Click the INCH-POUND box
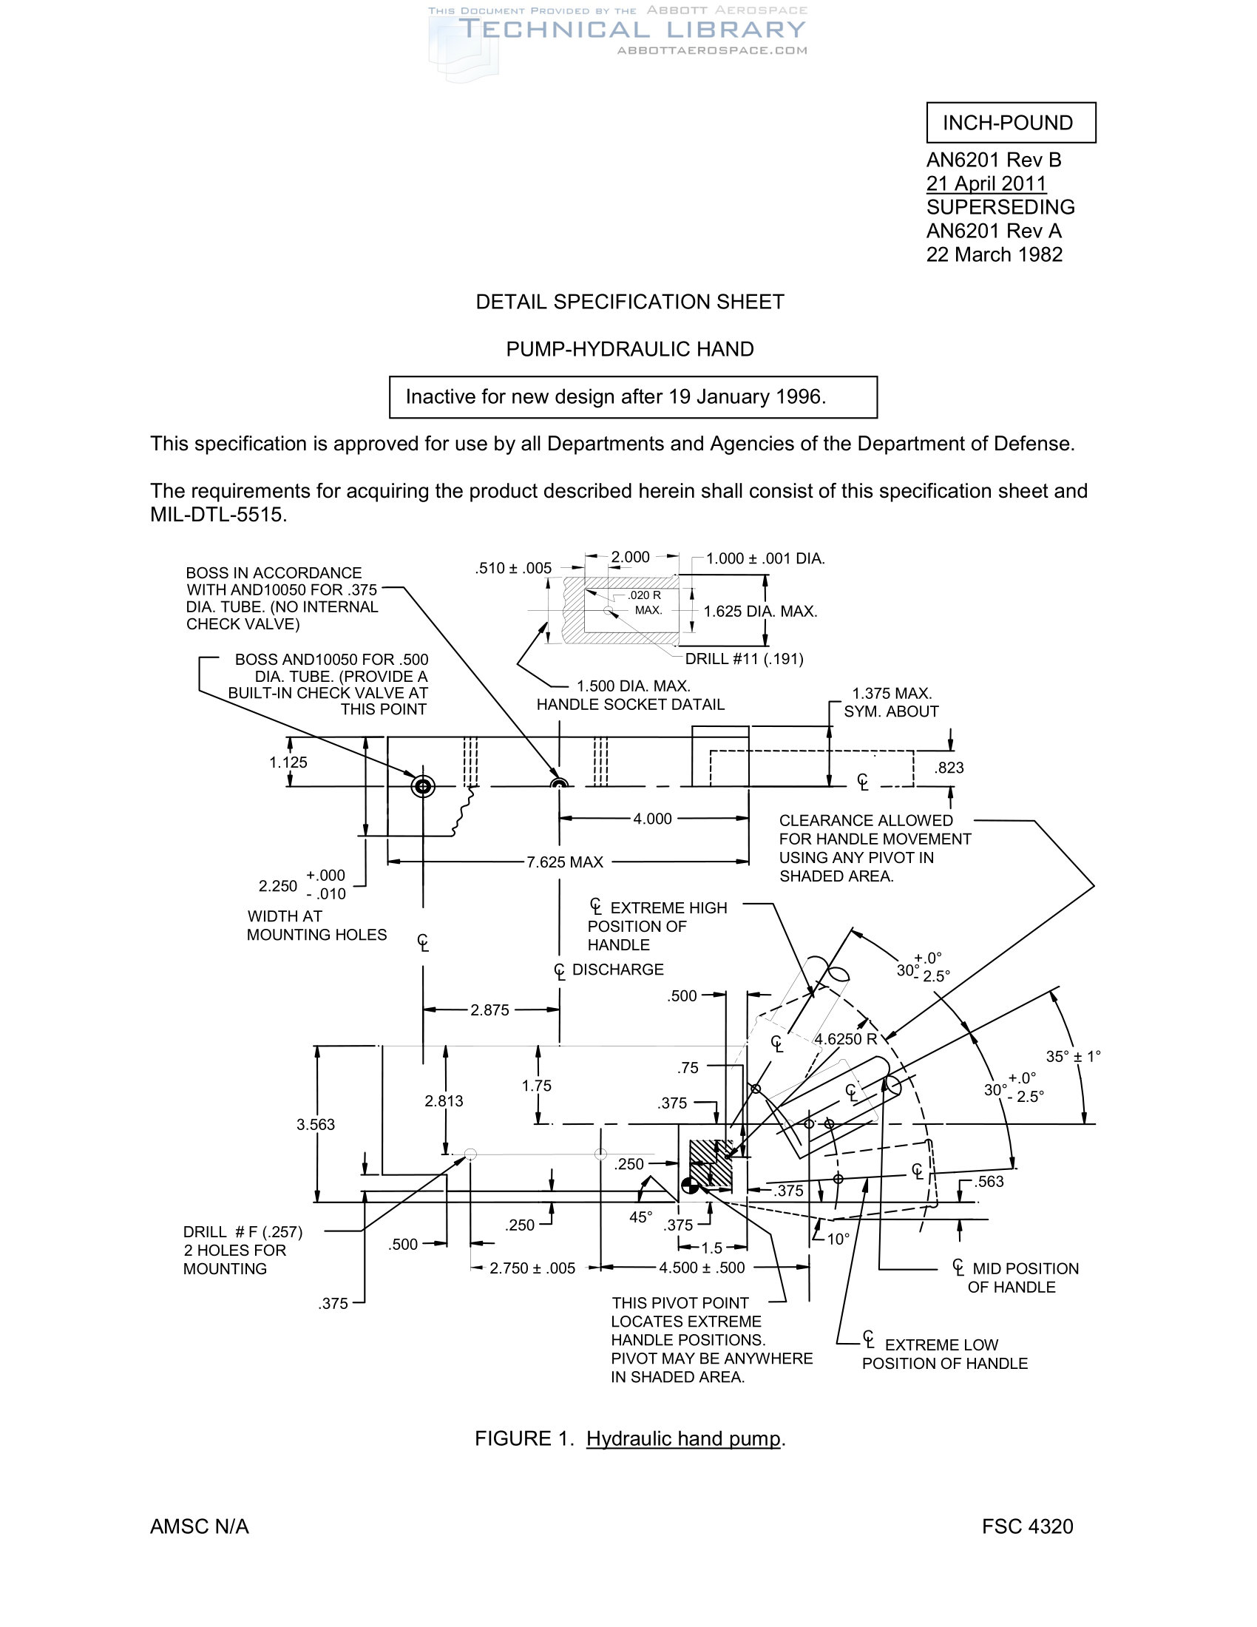tap(1011, 123)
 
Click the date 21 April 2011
tap(986, 183)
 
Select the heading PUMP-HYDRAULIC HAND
tap(629, 348)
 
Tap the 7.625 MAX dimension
tap(564, 862)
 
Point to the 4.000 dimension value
tap(652, 819)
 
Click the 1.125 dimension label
tap(288, 762)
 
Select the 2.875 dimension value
tap(489, 1010)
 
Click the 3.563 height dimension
tap(316, 1124)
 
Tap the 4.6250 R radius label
tap(845, 1039)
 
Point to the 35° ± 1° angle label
tap(1073, 1056)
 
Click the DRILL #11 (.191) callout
tap(744, 658)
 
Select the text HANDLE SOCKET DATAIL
tap(630, 705)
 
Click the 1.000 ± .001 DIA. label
tap(765, 558)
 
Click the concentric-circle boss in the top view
tap(423, 786)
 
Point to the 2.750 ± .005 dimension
tap(532, 1268)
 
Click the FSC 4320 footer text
tap(1027, 1526)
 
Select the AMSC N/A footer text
tap(200, 1526)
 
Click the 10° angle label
tap(838, 1239)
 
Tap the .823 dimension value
tap(949, 768)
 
